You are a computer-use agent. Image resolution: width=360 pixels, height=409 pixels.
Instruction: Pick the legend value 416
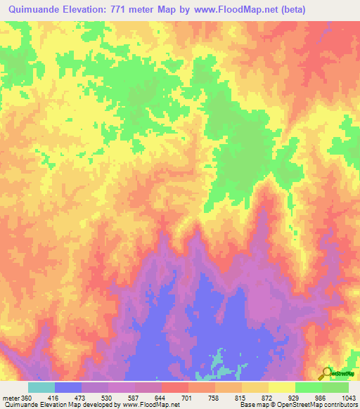(x=56, y=397)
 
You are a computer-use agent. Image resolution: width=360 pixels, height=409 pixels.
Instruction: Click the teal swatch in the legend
(x=41, y=387)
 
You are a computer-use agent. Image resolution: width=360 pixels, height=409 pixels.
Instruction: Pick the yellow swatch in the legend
(x=282, y=387)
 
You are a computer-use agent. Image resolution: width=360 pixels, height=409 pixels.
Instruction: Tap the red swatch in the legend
(x=175, y=387)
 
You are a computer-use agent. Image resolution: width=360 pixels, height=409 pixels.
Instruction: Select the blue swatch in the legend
(x=68, y=387)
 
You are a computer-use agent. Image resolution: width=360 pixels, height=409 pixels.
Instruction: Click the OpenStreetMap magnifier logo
(x=326, y=373)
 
